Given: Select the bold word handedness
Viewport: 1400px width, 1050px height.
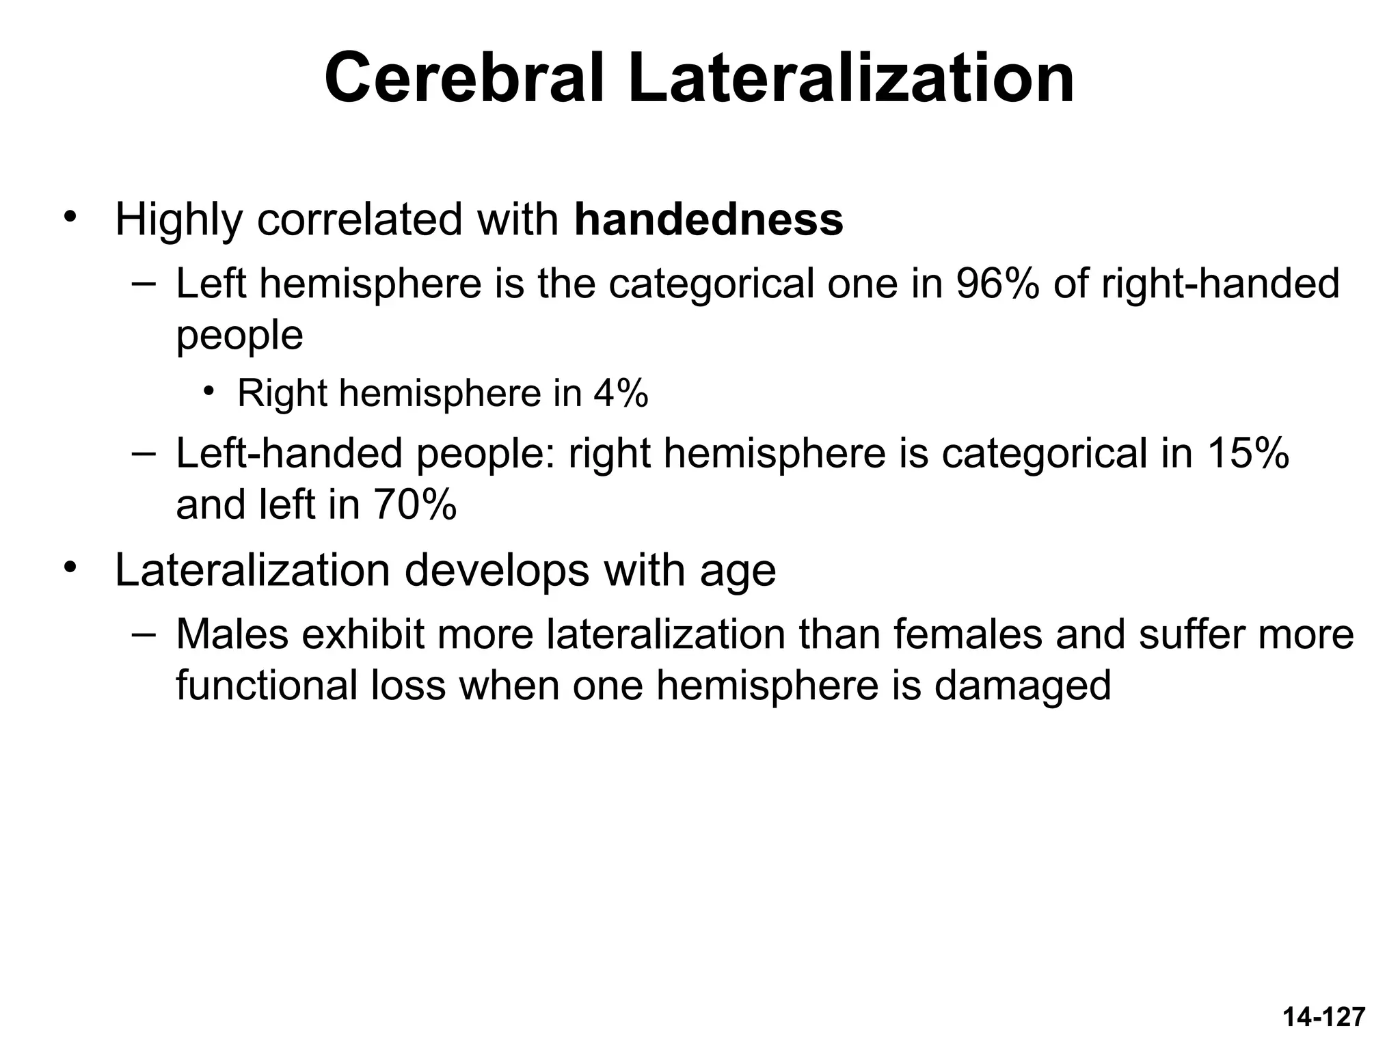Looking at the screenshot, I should [x=709, y=219].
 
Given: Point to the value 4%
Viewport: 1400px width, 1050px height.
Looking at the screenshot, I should [x=621, y=393].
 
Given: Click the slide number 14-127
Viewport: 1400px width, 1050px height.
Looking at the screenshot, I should [x=1323, y=1017].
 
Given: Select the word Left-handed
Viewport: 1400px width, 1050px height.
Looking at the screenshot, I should [x=289, y=453].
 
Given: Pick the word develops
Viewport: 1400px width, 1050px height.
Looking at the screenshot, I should [x=496, y=571].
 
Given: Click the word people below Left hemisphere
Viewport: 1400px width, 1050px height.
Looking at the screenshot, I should [x=239, y=336].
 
